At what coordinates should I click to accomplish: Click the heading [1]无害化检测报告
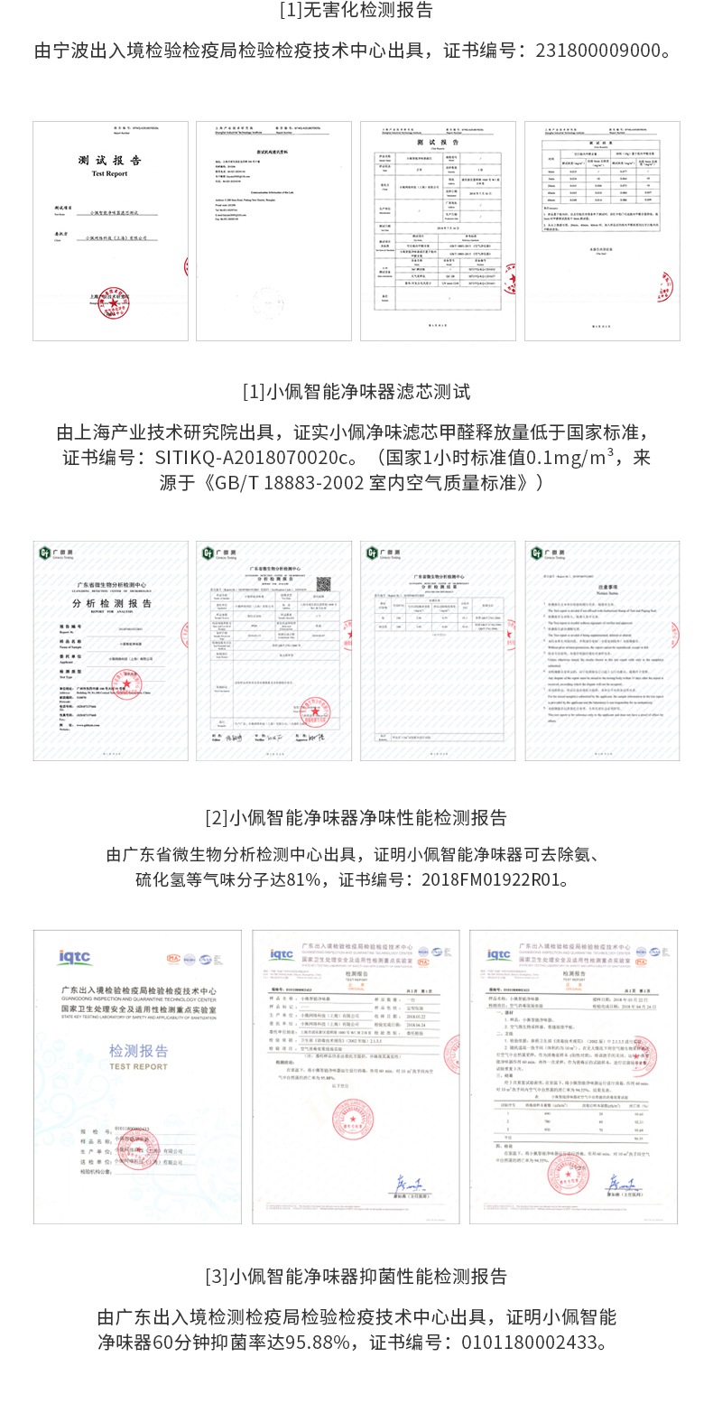click(356, 11)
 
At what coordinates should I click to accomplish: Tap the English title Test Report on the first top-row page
click(109, 173)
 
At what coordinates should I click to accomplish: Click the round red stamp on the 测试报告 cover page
click(113, 302)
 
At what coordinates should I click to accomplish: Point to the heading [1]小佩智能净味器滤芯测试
click(356, 392)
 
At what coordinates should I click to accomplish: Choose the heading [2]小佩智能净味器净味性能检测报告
click(356, 818)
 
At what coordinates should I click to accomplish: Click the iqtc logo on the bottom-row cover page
click(75, 957)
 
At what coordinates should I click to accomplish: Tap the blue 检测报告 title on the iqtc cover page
click(138, 1051)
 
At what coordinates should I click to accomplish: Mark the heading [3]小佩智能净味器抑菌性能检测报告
click(356, 1277)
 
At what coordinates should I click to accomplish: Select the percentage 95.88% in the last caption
click(318, 1343)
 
